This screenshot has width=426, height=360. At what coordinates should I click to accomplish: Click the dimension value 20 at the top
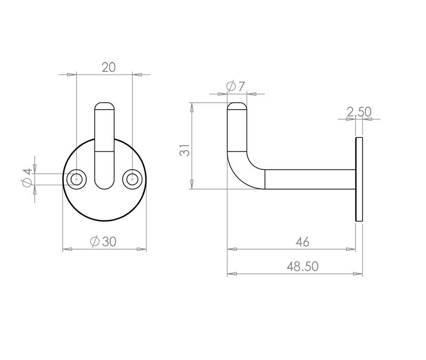pyautogui.click(x=109, y=67)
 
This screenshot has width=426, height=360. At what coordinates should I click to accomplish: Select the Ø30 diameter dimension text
pyautogui.click(x=103, y=242)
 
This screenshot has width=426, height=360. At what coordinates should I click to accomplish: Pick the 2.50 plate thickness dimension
pyautogui.click(x=358, y=112)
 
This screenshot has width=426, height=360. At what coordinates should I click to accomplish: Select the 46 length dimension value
pyautogui.click(x=302, y=242)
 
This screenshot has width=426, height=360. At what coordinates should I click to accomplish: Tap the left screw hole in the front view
pyautogui.click(x=77, y=179)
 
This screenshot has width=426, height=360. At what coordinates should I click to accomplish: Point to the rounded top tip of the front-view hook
pyautogui.click(x=104, y=105)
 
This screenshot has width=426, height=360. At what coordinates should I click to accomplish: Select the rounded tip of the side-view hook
pyautogui.click(x=237, y=105)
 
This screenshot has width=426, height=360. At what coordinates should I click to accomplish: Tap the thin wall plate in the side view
pyautogui.click(x=359, y=179)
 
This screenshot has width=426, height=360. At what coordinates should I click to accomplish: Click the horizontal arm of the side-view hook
pyautogui.click(x=309, y=179)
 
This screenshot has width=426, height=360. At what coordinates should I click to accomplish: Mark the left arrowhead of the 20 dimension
pyautogui.click(x=72, y=75)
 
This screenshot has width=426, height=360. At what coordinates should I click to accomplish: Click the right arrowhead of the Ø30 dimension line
pyautogui.click(x=142, y=249)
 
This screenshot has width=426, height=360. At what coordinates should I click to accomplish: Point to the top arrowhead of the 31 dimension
pyautogui.click(x=191, y=107)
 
